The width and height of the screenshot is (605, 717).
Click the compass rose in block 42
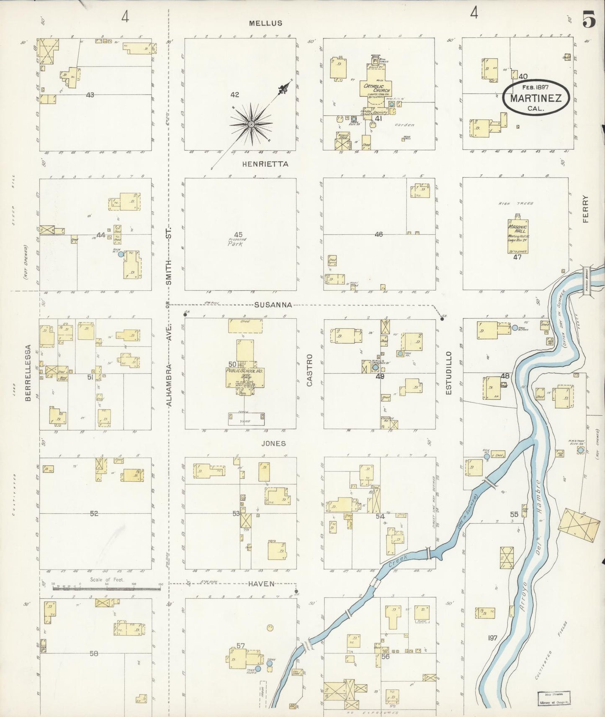coord(251,124)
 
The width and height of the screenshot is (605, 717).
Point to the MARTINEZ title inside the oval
coord(536,98)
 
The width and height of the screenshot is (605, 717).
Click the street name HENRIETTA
coord(265,164)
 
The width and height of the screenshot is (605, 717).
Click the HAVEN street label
coord(261,584)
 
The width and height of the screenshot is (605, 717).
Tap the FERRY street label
coord(585,209)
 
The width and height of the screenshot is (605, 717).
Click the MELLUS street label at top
coord(265,23)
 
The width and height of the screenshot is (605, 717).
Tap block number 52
coord(94,513)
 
